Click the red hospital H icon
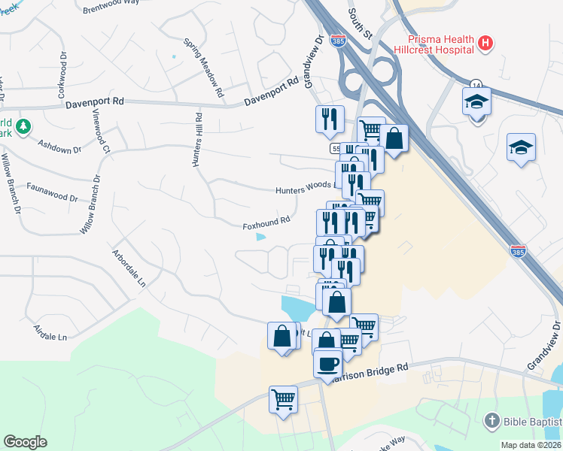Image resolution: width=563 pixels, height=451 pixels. coord(485,44)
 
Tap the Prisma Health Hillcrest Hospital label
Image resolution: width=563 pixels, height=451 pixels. coord(441,44)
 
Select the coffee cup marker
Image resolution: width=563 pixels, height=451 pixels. coord(327,364)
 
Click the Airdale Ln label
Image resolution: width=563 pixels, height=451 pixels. coord(50,331)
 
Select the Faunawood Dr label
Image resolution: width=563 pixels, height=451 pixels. coord(53,192)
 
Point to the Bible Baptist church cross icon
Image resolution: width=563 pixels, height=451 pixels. coord(491,422)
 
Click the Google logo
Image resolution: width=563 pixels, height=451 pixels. coord(25,442)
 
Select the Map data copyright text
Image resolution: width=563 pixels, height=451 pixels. coord(531,445)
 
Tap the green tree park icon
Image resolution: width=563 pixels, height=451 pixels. coord(23,127)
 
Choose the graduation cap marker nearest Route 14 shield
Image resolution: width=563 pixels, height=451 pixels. coord(476,101)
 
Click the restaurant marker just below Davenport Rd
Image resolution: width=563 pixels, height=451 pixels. coord(329,119)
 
